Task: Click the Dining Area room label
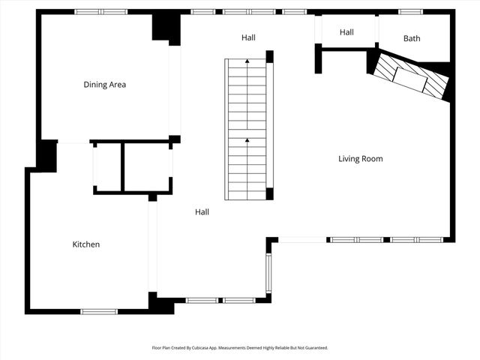104,85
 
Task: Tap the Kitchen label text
85,244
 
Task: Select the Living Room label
360,159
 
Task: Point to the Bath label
412,38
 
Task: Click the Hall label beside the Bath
346,32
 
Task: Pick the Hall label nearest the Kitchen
202,212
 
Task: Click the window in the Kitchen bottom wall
99,311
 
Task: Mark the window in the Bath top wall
409,11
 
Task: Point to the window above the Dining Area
100,11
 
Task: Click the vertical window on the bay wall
268,273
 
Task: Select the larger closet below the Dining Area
147,166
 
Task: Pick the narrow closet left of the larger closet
106,166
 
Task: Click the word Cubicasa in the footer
211,348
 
